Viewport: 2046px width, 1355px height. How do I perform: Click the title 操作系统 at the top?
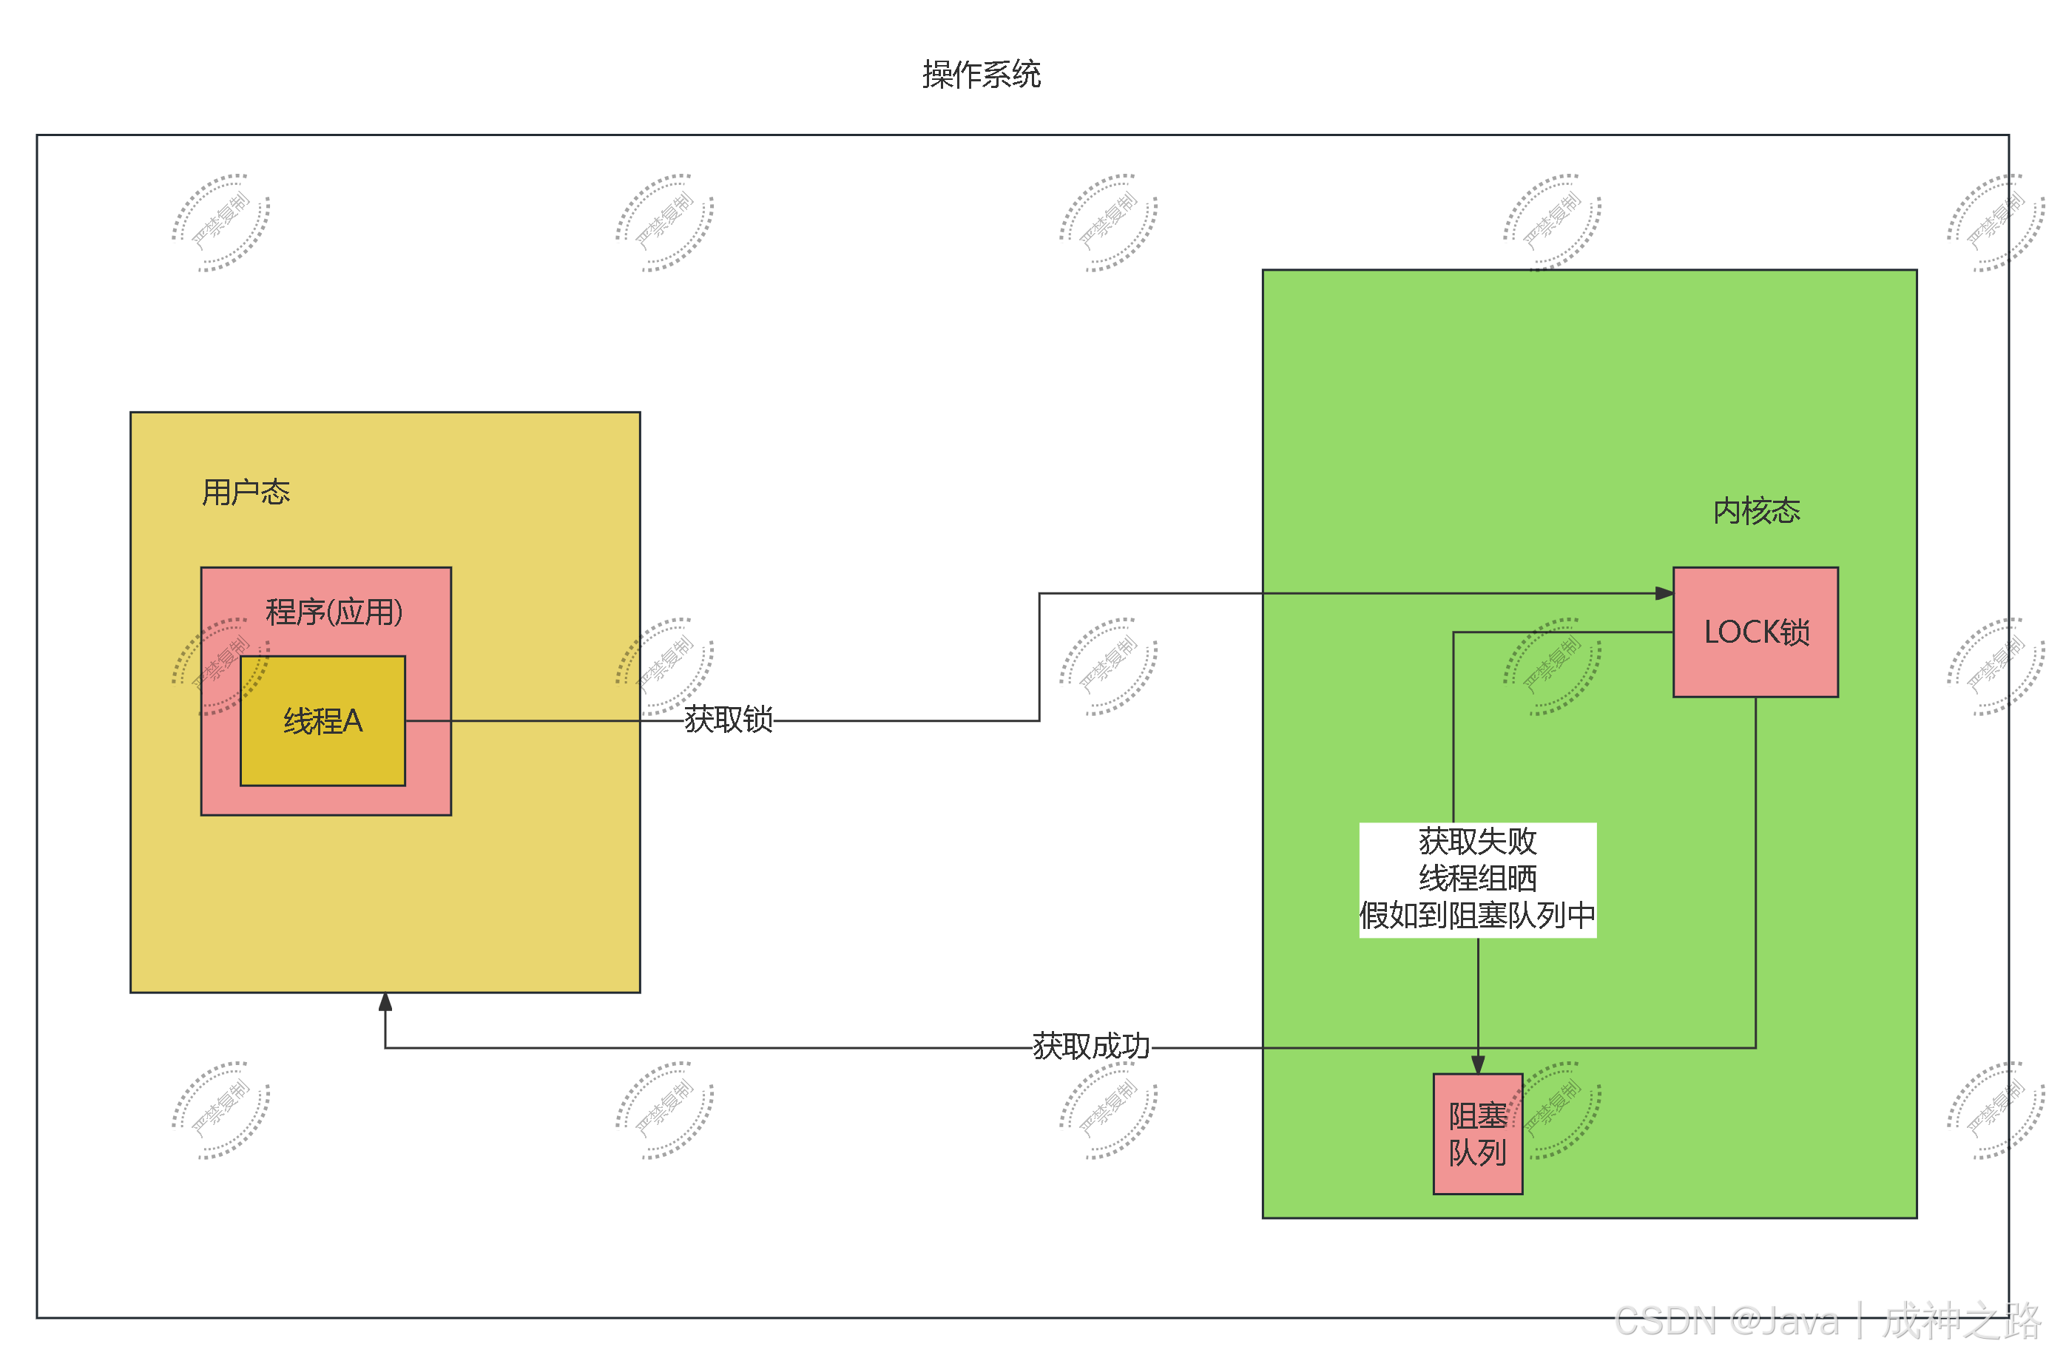(981, 74)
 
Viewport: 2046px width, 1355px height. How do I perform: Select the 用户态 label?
(246, 492)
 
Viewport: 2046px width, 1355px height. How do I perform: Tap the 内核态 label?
(1756, 511)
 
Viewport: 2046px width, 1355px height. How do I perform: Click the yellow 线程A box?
(323, 720)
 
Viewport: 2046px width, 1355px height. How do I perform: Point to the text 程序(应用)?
(334, 612)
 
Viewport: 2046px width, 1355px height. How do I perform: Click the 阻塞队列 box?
(1477, 1134)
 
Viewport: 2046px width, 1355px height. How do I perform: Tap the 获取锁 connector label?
(728, 720)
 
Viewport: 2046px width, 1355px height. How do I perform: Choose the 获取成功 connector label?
(1091, 1047)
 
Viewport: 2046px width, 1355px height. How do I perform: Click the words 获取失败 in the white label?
(1477, 841)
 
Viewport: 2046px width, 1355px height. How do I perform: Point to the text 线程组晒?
(1477, 878)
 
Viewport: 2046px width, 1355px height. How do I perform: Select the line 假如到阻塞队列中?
(1477, 915)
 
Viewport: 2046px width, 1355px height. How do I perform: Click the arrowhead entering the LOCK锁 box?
(1664, 594)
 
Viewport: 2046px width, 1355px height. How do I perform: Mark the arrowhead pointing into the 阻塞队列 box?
(1477, 1064)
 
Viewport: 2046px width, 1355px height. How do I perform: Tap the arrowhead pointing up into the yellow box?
(385, 1002)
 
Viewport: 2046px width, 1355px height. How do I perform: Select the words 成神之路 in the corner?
(1959, 1320)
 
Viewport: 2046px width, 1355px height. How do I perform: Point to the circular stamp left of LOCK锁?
(1552, 666)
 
